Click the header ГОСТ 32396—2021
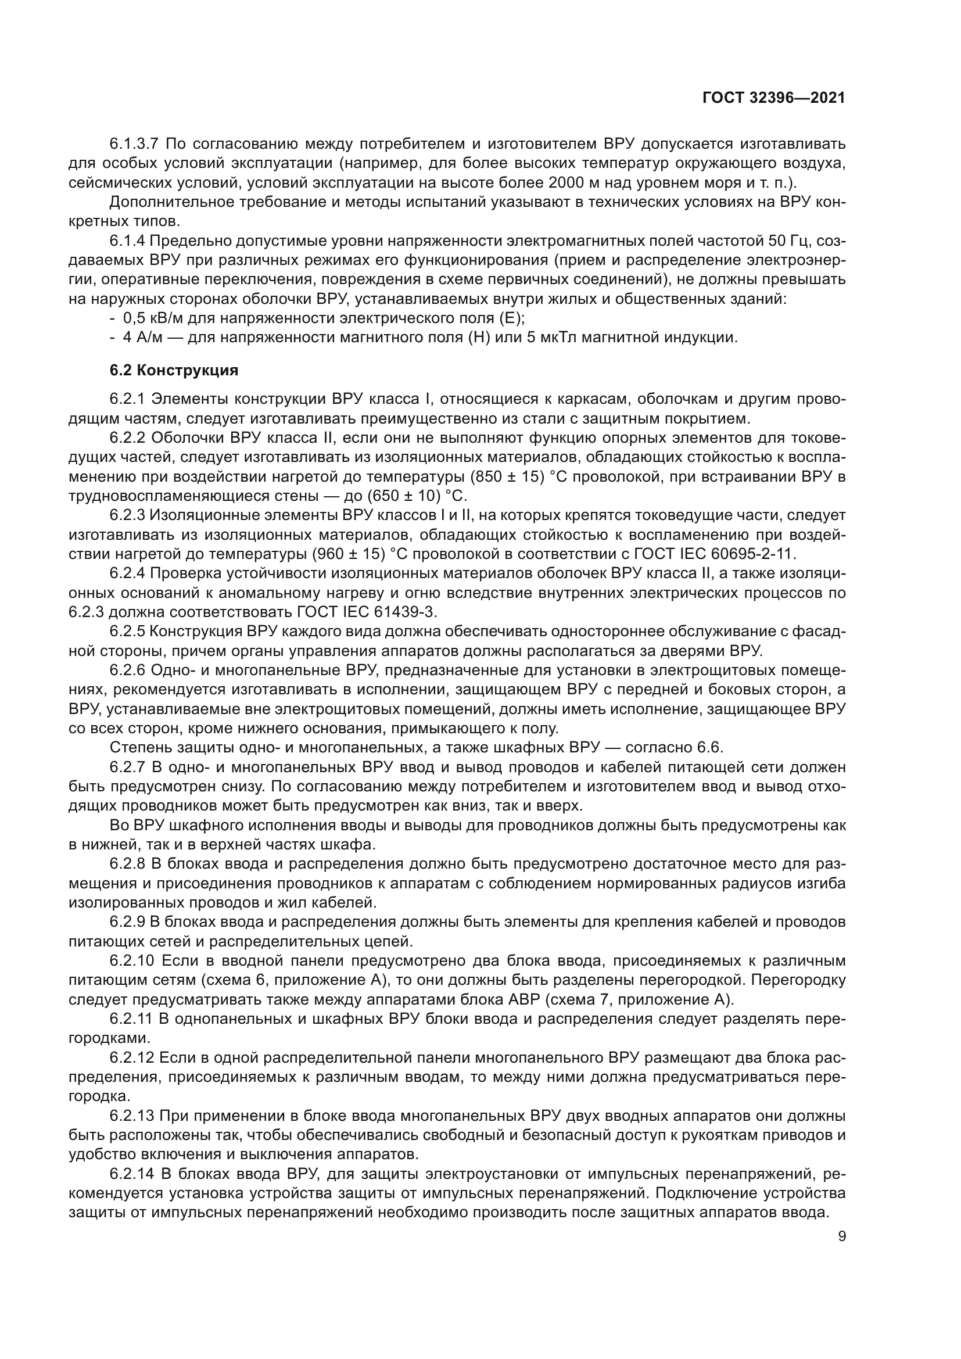773,98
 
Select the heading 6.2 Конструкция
174,371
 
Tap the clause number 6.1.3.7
134,144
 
